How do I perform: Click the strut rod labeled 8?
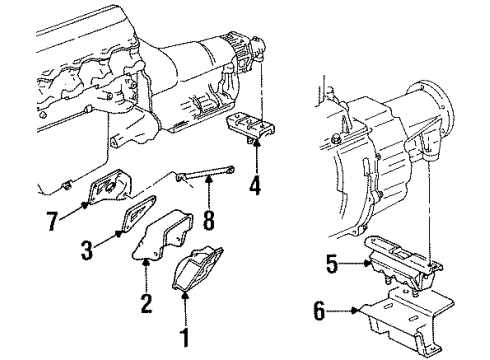click(x=205, y=180)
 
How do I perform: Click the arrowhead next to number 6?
click(x=356, y=313)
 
